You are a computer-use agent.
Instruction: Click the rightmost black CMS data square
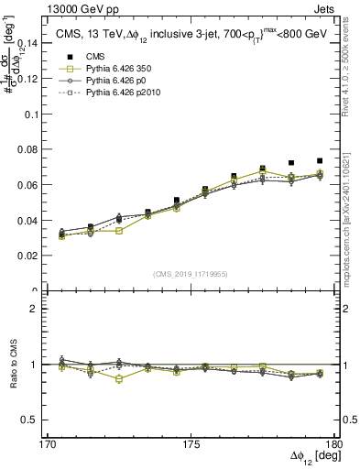tap(320, 160)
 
